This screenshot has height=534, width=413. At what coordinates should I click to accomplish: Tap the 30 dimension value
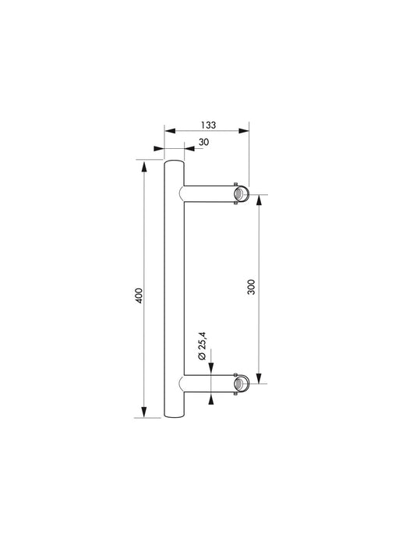[203, 142]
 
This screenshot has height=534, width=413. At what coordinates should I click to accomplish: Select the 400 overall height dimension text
[139, 295]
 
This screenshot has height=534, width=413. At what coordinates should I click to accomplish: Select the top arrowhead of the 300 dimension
[259, 199]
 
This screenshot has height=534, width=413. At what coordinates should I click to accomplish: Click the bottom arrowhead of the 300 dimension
[259, 379]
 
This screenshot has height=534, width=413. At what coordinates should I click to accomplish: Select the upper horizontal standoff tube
[209, 194]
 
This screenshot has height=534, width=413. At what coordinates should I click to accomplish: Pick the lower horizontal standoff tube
[209, 384]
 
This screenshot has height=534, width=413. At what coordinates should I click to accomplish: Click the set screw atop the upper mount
[235, 182]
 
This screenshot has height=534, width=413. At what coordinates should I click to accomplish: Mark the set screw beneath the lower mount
[235, 396]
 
